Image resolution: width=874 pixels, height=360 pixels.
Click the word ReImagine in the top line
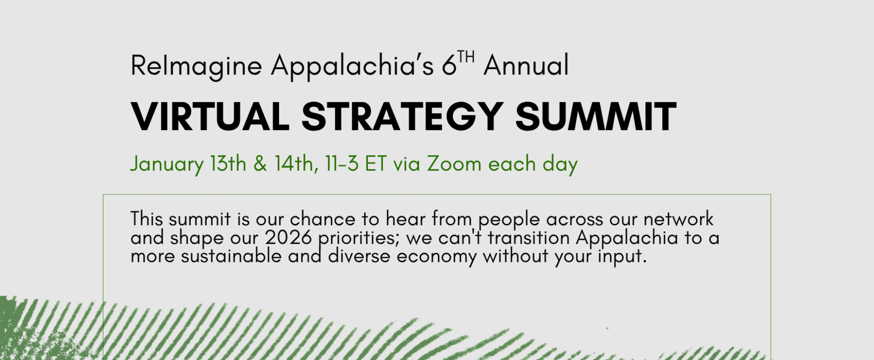196,66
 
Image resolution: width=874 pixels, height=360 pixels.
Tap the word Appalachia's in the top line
352,66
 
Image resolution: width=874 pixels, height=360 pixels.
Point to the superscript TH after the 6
466,57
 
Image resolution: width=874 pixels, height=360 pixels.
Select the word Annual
526,65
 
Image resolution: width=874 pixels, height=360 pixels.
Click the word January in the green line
167,165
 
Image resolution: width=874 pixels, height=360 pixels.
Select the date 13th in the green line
228,164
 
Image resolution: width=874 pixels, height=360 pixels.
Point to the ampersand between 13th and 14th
260,164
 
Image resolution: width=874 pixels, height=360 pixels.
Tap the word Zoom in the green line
454,164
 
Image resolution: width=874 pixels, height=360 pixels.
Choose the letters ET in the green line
376,164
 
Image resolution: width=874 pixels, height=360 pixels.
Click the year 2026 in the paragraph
288,238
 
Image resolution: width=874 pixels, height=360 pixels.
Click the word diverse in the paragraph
359,256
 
